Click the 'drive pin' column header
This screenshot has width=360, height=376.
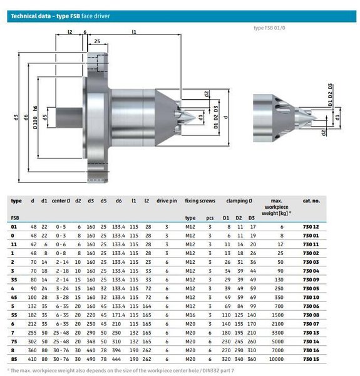point(167,201)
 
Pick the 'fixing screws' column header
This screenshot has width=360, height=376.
point(200,201)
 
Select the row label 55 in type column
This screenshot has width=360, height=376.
point(14,315)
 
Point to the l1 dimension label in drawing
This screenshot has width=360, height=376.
point(134,31)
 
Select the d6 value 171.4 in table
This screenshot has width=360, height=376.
point(118,315)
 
